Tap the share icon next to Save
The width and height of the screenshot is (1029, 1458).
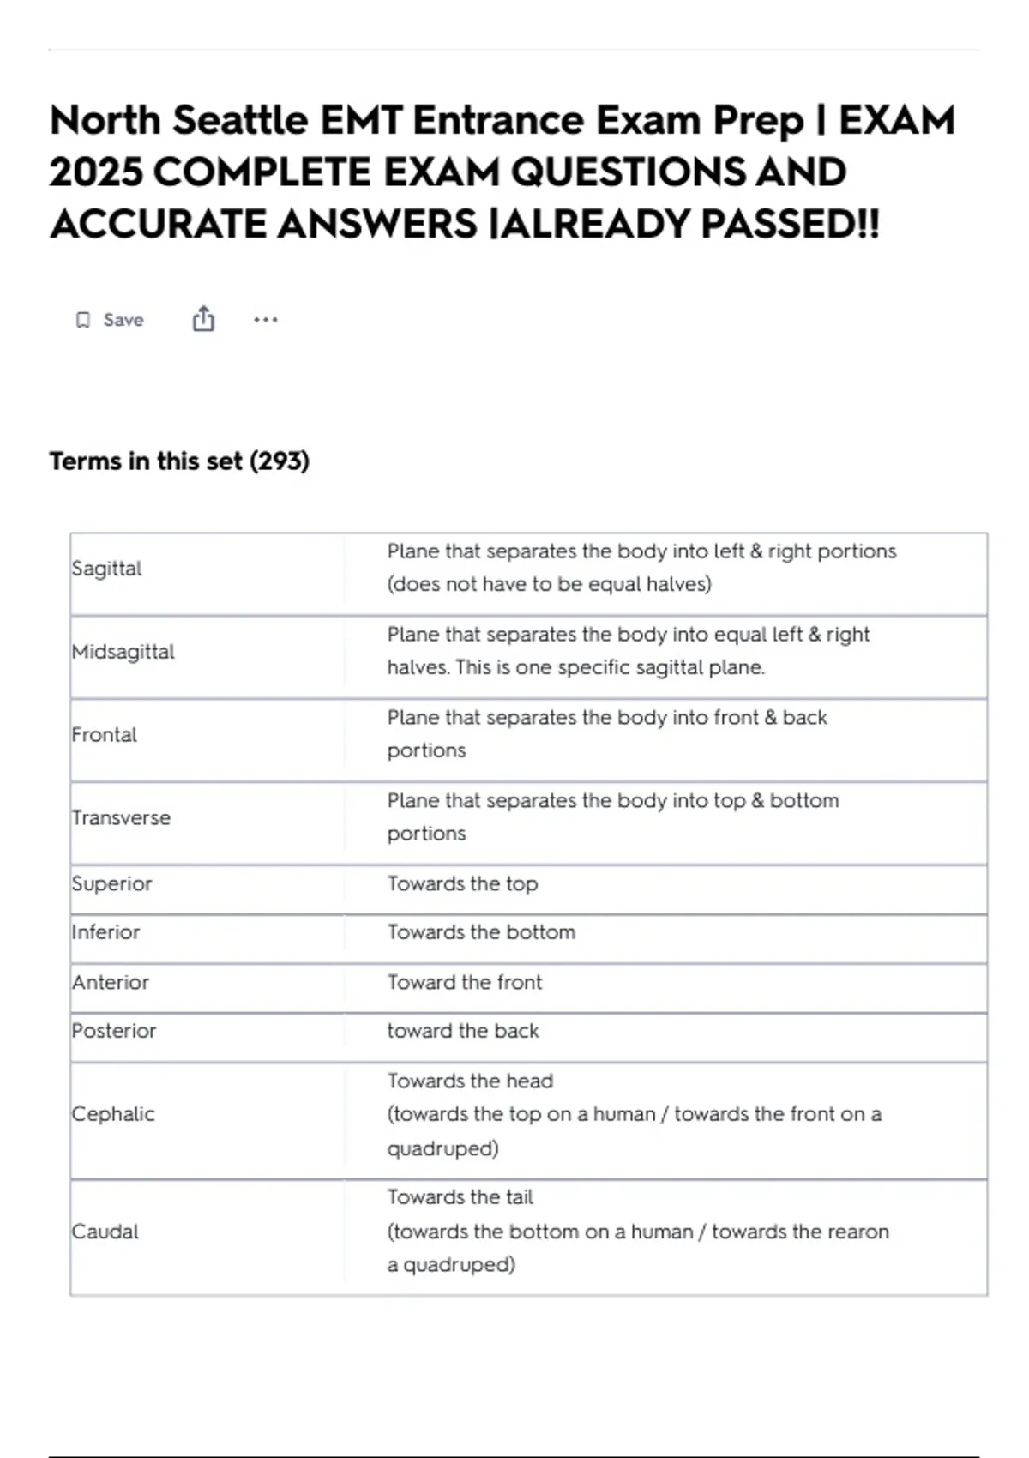[x=203, y=319]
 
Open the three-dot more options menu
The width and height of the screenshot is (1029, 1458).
[x=266, y=320]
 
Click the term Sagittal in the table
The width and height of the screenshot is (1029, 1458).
[x=106, y=569]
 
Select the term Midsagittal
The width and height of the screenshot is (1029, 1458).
[x=123, y=652]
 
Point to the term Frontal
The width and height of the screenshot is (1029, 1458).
[x=104, y=735]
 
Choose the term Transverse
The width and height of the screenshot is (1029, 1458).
[x=121, y=818]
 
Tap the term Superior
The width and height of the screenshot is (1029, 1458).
[x=111, y=883]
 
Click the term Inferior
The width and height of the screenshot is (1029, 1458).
[x=105, y=932]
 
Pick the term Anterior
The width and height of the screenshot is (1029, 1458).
[x=110, y=982]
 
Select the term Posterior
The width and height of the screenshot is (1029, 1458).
[x=114, y=1031]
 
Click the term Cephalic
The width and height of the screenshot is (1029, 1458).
[x=113, y=1114]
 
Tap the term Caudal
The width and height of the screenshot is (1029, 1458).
[x=105, y=1232]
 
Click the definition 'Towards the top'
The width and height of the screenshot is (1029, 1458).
[x=462, y=883]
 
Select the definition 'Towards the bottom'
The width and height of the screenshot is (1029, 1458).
[x=481, y=932]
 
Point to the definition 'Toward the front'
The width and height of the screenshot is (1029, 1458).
[x=464, y=982]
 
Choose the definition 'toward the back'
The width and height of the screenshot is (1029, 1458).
[x=462, y=1031]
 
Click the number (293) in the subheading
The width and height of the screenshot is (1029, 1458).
[x=280, y=461]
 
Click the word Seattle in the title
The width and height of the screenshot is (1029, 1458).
[x=240, y=120]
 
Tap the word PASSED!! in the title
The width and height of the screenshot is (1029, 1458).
[x=790, y=225]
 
